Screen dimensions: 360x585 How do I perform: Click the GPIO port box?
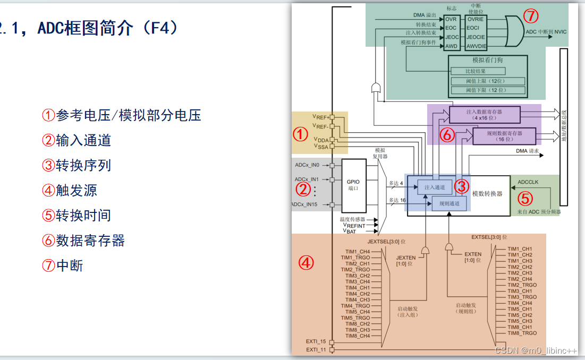tap(353, 185)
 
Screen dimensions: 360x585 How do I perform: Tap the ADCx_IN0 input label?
tap(307, 165)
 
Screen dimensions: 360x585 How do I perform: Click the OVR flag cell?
tap(451, 19)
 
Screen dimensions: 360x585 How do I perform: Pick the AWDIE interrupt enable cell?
tap(476, 46)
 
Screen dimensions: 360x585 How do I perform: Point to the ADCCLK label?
tap(528, 182)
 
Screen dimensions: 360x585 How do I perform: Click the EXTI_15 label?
tap(316, 341)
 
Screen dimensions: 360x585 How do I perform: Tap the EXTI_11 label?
tap(316, 350)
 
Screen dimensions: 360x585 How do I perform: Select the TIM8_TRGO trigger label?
tap(522, 333)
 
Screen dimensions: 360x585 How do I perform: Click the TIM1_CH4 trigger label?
tap(358, 252)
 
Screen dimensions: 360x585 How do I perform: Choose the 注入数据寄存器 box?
tap(484, 114)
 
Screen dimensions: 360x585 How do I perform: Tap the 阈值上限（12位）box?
tap(487, 81)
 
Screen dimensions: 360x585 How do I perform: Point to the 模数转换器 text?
tap(487, 194)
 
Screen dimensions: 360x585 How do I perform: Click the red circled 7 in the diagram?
tap(530, 16)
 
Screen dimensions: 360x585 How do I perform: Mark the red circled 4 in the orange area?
tap(306, 262)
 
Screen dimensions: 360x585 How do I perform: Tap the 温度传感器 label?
tap(352, 219)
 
